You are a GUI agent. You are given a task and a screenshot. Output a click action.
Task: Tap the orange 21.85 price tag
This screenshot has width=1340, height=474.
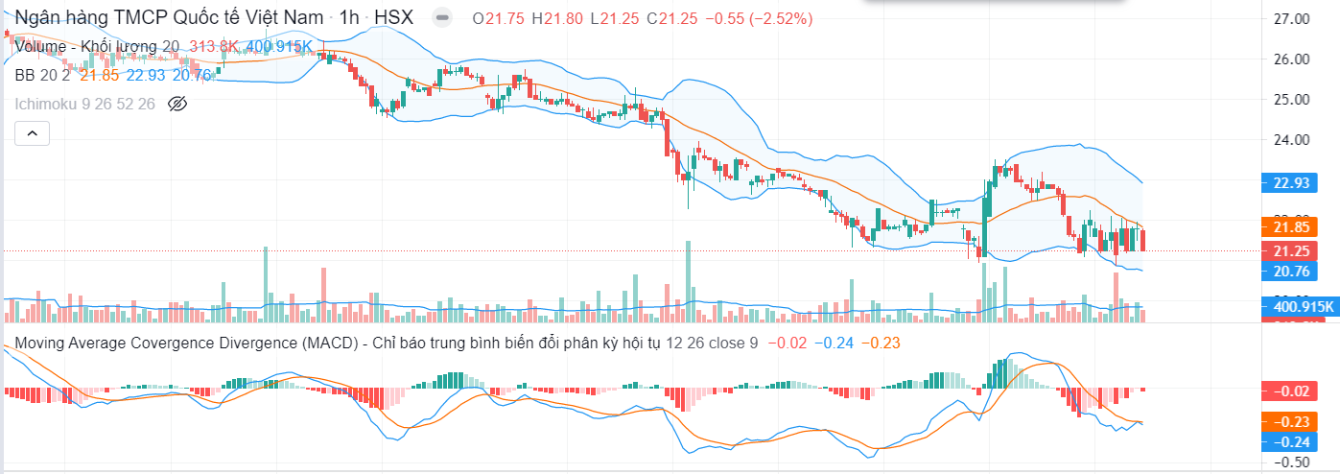tap(1286, 227)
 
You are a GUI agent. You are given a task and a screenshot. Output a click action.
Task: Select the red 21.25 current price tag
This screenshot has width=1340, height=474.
tap(1286, 250)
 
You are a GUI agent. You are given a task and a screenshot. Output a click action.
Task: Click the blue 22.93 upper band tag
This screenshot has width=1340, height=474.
tap(1286, 182)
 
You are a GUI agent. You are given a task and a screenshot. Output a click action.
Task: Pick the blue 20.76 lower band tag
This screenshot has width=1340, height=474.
tap(1286, 272)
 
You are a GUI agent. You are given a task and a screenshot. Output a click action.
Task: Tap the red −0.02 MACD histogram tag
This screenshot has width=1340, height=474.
tap(1286, 391)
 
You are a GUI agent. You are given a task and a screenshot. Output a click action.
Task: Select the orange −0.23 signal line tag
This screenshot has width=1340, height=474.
tap(1286, 421)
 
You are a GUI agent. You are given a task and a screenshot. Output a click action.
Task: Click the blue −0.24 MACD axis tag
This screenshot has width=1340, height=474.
tap(1286, 441)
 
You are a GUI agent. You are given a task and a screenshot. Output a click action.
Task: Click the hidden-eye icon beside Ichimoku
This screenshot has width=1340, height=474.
tap(176, 104)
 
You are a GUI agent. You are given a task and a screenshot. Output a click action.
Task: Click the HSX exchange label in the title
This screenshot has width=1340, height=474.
tap(394, 18)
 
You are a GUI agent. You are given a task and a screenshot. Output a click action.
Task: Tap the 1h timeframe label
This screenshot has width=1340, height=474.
tap(350, 18)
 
